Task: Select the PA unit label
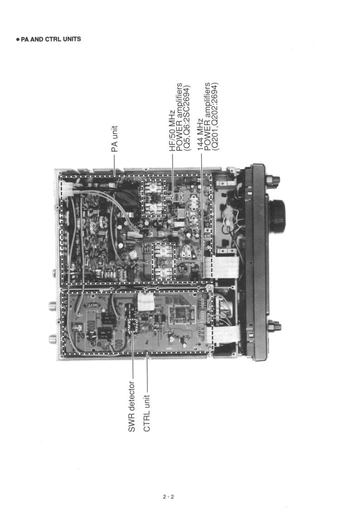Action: point(115,138)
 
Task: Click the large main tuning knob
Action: point(276,215)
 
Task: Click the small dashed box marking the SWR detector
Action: point(132,325)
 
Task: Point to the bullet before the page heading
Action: point(17,39)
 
